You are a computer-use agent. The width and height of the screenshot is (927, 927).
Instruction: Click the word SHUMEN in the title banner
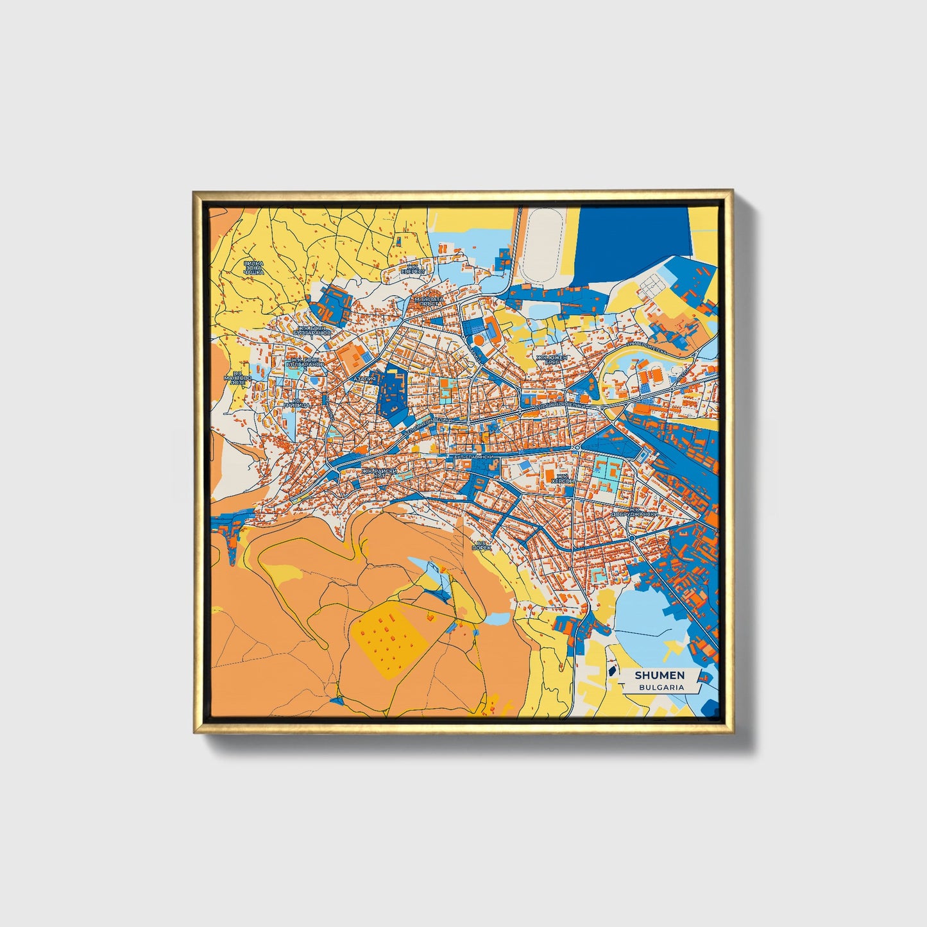coord(659,675)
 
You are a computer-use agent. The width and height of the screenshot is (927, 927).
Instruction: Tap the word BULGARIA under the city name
coord(661,687)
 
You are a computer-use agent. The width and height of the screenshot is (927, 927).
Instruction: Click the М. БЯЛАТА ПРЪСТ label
coord(430,302)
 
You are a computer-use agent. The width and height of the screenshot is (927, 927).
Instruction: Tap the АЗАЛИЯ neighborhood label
coord(364,379)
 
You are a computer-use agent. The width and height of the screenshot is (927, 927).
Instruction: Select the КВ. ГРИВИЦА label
coord(297,404)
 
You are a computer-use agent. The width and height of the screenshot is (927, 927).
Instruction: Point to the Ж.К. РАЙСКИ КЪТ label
coord(379,473)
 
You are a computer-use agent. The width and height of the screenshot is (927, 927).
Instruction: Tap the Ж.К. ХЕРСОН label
coord(563,479)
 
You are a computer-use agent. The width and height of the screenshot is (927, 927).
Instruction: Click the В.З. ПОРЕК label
coord(481,546)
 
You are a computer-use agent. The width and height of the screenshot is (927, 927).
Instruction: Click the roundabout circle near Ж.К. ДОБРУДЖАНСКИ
coord(632,538)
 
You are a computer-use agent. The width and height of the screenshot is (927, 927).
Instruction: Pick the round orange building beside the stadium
coord(488,320)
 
